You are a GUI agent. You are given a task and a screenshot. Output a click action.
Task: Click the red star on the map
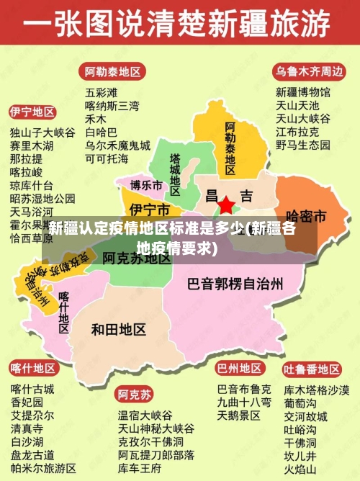226,205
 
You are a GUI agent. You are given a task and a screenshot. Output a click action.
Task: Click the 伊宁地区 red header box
32,112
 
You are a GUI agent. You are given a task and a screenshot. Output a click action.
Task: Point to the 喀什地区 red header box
32,369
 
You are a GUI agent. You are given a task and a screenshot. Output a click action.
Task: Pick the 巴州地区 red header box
239,368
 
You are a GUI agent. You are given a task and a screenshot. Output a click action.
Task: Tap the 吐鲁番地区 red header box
311,369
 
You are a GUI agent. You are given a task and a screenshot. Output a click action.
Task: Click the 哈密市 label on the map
306,216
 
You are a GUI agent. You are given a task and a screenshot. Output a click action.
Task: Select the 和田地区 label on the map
119,329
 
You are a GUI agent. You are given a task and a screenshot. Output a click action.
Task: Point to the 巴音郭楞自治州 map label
235,282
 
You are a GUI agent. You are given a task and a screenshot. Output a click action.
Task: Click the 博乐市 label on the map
146,185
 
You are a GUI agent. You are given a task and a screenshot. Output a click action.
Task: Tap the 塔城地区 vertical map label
175,170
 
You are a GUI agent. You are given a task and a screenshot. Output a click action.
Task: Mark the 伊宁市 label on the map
150,210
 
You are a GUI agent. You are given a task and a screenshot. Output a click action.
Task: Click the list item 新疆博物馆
303,92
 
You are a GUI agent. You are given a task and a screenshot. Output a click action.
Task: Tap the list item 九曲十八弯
244,402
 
